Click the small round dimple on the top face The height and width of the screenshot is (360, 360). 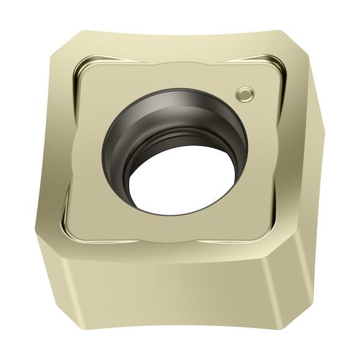[245, 93]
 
